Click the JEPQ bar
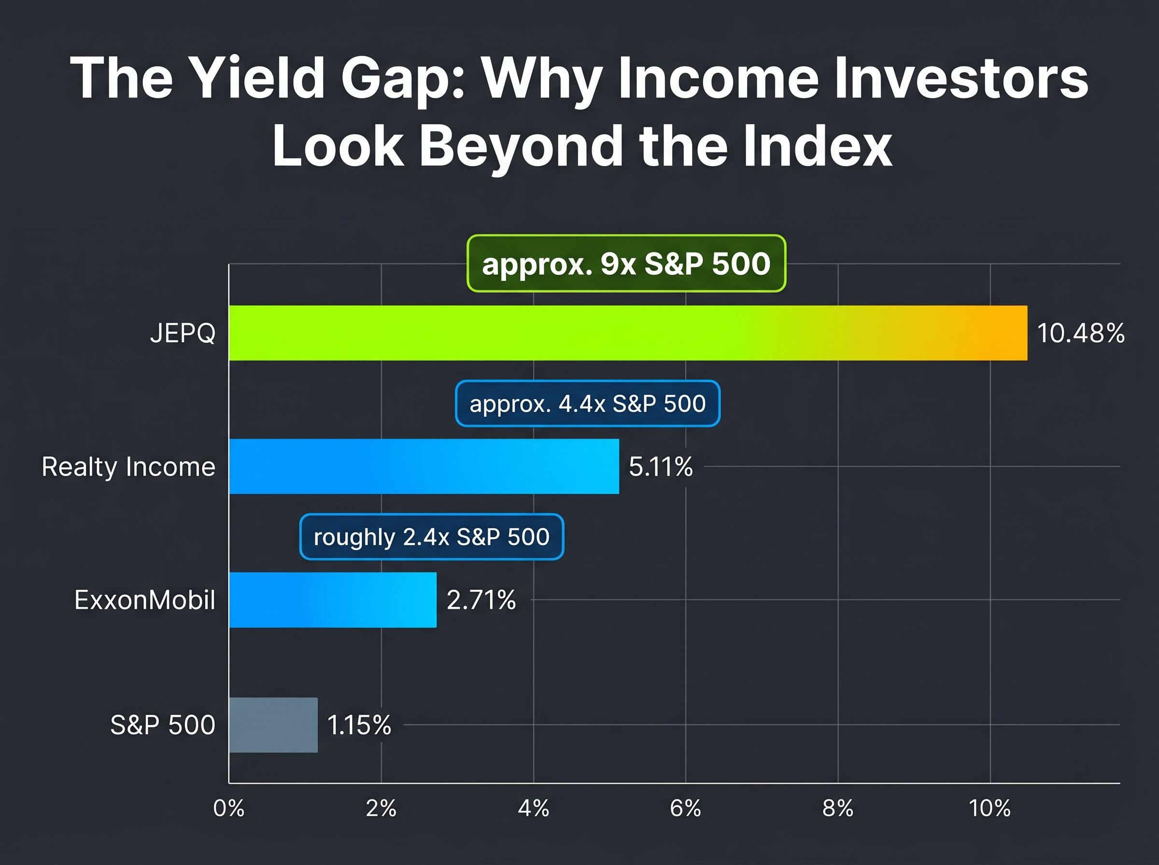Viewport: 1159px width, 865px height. point(627,333)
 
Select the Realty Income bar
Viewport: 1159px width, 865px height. point(424,466)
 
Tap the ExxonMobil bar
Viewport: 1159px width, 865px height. point(333,600)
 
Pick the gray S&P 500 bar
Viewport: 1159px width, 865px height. point(273,725)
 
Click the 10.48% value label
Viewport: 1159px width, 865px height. point(1080,333)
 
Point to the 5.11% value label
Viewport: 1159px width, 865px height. point(661,466)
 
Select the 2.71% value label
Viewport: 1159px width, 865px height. point(481,600)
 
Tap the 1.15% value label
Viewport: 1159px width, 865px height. point(359,725)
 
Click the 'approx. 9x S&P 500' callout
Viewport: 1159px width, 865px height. point(626,264)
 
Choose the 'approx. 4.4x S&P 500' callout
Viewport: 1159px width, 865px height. point(587,403)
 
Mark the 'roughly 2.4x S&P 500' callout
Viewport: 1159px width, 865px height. point(432,537)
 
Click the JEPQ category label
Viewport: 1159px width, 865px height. point(182,333)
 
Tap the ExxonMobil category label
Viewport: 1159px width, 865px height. point(144,600)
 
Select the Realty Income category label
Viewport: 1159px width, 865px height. point(128,466)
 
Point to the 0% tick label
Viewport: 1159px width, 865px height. point(229,809)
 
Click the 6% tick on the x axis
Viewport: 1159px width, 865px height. point(685,809)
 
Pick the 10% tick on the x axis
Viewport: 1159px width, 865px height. point(989,809)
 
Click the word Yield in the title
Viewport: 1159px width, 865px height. point(256,79)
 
